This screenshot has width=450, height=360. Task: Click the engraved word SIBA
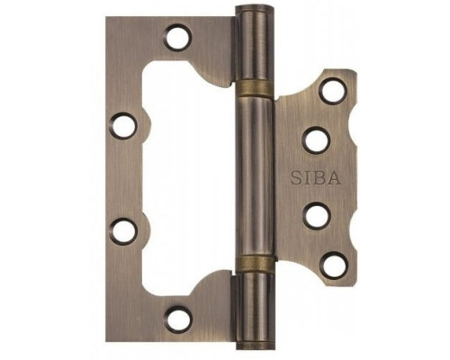[x=316, y=177]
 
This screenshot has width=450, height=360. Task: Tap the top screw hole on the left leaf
[x=177, y=37]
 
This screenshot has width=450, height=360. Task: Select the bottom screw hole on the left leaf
[x=179, y=319]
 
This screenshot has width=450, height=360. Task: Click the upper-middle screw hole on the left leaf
[x=123, y=126]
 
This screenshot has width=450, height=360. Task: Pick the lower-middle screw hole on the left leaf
[x=123, y=231]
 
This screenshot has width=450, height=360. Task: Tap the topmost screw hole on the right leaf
[x=333, y=91]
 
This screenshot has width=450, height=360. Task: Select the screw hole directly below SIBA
[x=317, y=216]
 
